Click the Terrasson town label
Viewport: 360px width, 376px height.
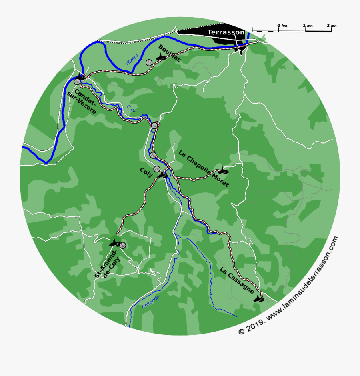(226, 32)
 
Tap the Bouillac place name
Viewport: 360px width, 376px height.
(170, 53)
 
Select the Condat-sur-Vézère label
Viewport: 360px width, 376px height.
(82, 101)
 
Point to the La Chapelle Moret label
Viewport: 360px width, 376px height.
(204, 168)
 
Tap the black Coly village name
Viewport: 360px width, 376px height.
(146, 172)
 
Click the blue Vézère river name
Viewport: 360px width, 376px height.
(132, 60)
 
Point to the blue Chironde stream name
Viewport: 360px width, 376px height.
(150, 302)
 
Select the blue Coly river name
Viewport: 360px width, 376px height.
(131, 108)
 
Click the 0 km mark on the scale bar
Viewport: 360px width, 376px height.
(279, 26)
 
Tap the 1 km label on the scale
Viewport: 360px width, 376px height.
(308, 26)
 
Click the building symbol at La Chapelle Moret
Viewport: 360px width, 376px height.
(223, 171)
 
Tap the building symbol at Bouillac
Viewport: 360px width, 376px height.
(161, 58)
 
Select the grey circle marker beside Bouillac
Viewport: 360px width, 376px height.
(149, 62)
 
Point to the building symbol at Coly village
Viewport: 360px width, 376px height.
(163, 175)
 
